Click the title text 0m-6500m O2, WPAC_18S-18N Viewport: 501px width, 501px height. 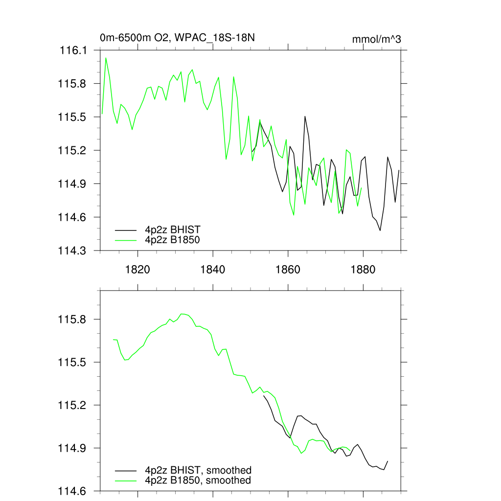click(x=177, y=38)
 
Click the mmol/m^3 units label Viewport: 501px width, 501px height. click(x=376, y=39)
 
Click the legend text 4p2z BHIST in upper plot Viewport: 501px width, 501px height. click(x=173, y=229)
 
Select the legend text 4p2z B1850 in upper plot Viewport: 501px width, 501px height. click(x=173, y=240)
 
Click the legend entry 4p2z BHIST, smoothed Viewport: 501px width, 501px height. click(x=198, y=470)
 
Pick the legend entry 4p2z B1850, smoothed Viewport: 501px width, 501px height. click(x=198, y=480)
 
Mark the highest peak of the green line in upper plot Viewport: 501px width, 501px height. click(x=106, y=58)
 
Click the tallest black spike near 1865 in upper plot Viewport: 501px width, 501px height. click(x=305, y=116)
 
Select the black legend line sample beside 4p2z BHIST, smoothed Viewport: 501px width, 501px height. click(x=126, y=470)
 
